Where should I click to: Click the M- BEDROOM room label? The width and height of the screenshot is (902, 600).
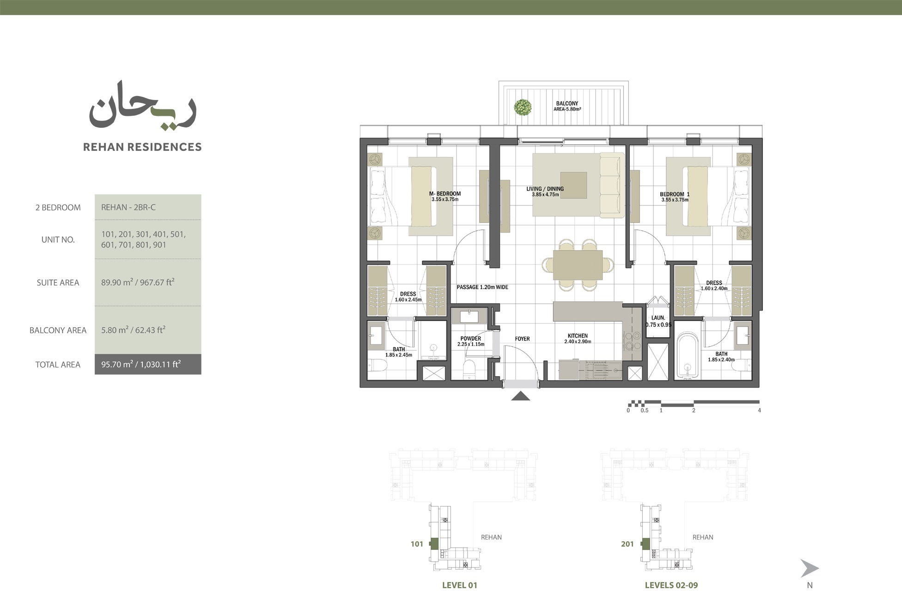click(445, 194)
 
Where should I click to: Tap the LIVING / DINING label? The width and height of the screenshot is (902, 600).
click(545, 189)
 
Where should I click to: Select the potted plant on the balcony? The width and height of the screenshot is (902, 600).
click(523, 108)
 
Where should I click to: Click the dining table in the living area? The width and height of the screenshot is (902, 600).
click(578, 265)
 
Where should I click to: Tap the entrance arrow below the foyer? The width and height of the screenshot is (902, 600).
click(520, 396)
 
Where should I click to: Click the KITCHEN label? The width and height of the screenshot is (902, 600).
click(577, 336)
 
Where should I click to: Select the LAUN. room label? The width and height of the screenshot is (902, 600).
click(658, 318)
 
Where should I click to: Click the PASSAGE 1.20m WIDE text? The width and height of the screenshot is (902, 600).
click(482, 287)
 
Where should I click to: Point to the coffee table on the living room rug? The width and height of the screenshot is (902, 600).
click(573, 186)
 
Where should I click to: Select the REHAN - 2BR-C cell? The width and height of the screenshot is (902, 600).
click(128, 207)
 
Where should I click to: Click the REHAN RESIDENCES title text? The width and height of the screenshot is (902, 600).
click(142, 147)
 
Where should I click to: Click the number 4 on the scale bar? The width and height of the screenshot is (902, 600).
click(759, 410)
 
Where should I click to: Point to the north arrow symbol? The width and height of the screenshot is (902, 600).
click(809, 568)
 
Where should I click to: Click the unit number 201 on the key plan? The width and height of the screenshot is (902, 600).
click(627, 544)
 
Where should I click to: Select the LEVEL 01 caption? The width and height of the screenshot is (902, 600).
click(459, 585)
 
